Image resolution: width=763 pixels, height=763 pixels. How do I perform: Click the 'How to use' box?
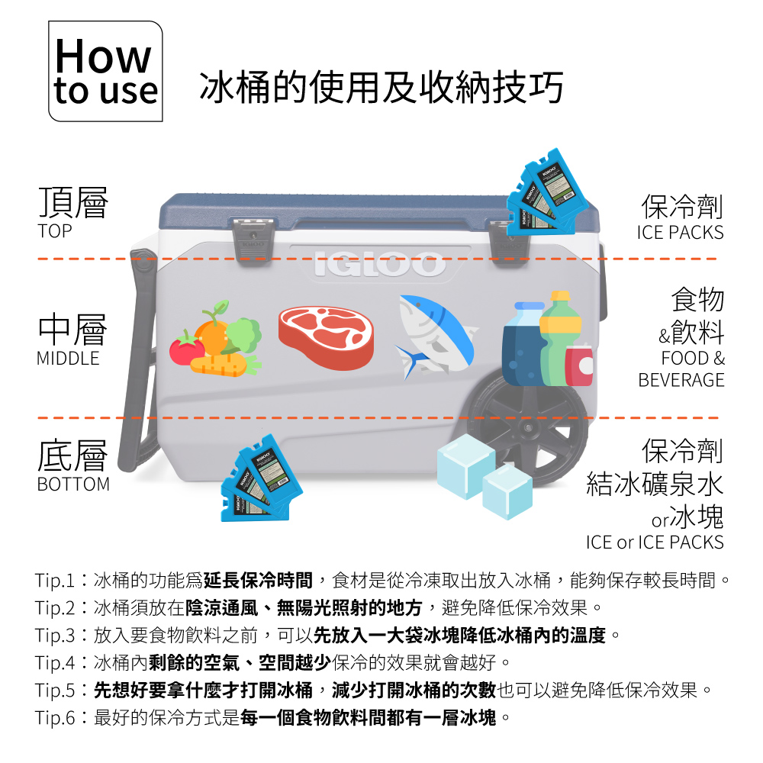[105, 71]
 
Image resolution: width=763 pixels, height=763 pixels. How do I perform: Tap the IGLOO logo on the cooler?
[379, 264]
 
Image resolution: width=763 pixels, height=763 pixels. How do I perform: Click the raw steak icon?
[326, 337]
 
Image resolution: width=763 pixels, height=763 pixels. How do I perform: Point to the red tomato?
[186, 348]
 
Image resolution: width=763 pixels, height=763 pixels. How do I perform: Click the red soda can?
[579, 365]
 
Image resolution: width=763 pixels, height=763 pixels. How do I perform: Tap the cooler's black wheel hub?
[528, 428]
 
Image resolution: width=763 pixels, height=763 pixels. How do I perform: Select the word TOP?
[55, 231]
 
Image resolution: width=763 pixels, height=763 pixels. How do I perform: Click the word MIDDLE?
[68, 359]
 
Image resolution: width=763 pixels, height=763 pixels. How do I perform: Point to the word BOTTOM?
[73, 485]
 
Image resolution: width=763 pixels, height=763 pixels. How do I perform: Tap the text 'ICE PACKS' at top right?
[681, 233]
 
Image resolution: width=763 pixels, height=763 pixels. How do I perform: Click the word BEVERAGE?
[681, 380]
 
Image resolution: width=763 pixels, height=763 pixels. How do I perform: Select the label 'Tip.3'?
[55, 636]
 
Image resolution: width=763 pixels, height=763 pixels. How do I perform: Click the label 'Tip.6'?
[55, 718]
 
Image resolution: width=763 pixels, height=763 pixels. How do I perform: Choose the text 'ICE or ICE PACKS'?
[655, 542]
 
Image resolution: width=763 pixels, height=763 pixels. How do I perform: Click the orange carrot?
[218, 365]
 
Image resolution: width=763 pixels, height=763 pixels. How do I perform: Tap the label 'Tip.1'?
[54, 581]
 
